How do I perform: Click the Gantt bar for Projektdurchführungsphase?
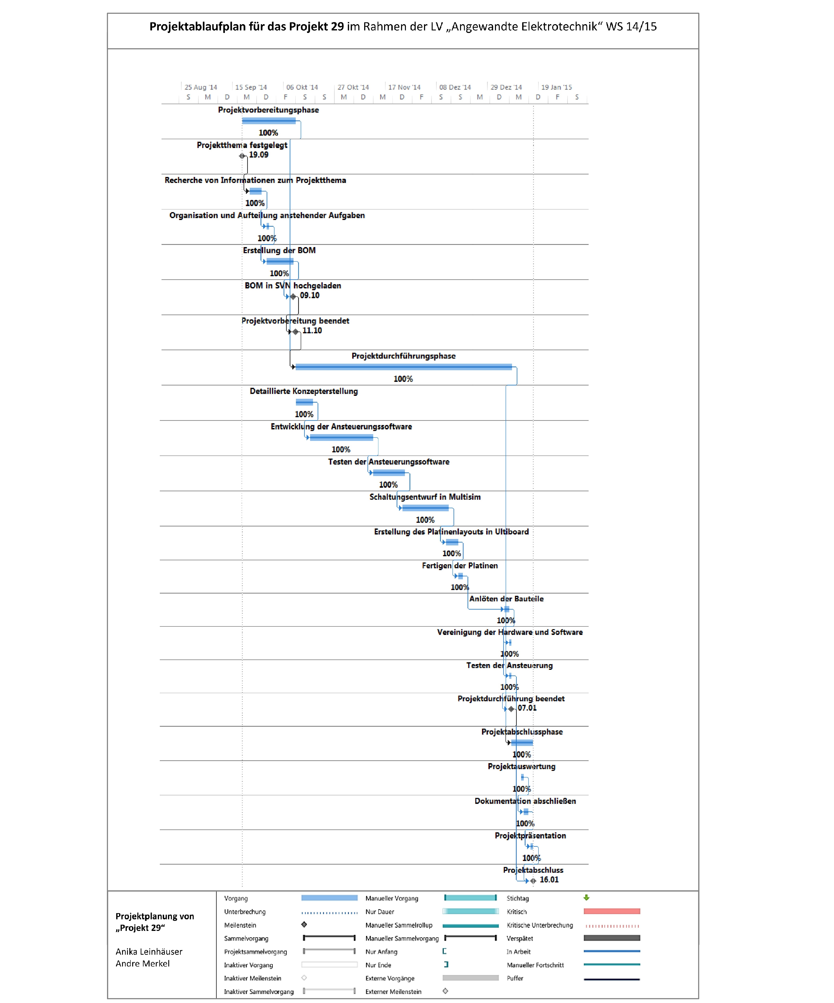[x=403, y=367]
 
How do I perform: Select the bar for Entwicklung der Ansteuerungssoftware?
[x=341, y=438]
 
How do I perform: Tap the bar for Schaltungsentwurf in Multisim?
[x=425, y=508]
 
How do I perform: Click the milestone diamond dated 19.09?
[x=242, y=156]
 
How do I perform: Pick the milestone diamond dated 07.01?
[x=511, y=709]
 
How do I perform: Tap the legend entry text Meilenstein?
[x=240, y=925]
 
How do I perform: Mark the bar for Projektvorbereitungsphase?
[x=269, y=121]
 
